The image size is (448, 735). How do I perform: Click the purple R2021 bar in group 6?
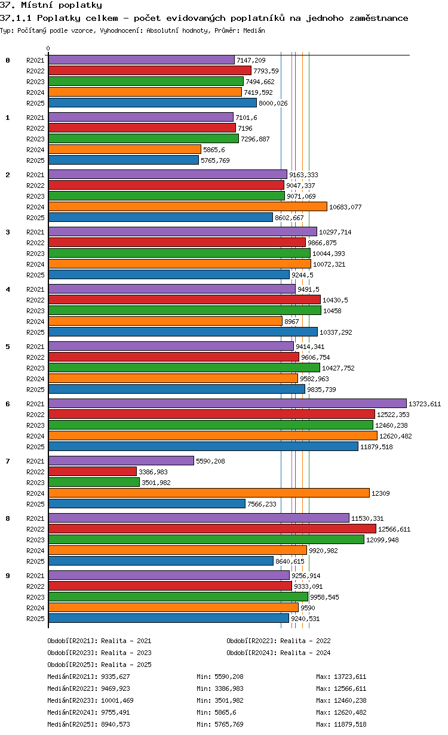point(227,404)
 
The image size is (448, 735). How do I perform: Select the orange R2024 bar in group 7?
point(208,493)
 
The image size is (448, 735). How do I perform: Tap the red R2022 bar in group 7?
point(93,472)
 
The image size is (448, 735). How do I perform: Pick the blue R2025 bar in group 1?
point(123,160)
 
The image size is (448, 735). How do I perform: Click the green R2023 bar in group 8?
point(206,540)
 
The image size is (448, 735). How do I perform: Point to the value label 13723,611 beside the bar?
point(424,404)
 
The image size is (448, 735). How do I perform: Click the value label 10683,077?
point(346,207)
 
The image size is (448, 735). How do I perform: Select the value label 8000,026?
point(273,103)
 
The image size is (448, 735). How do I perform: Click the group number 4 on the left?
point(8,289)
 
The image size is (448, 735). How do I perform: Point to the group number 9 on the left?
point(8,576)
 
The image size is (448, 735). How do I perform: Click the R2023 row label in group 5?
point(36,368)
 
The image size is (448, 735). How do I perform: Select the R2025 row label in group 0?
point(36,103)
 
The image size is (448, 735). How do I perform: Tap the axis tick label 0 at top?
point(48,48)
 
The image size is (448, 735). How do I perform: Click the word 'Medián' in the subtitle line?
point(254,30)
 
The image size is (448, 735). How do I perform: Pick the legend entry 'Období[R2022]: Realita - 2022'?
point(278,641)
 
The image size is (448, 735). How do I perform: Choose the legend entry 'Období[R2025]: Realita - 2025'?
point(99,665)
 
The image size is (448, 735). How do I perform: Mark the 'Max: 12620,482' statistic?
point(341,712)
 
